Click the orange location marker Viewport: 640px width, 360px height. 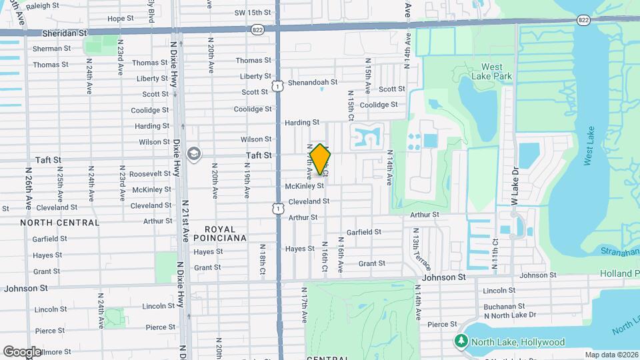320,159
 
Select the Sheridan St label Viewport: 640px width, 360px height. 65,32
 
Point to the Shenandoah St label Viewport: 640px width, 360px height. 314,82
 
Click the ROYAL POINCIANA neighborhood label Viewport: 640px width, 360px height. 220,233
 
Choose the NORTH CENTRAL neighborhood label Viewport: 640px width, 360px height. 59,222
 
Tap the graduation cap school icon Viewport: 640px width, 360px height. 194,154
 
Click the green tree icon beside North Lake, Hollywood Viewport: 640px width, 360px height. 461,342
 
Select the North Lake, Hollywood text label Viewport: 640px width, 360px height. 518,342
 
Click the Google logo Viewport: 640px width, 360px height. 22,351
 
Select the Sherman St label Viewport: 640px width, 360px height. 51,49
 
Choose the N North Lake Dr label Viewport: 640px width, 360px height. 510,315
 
